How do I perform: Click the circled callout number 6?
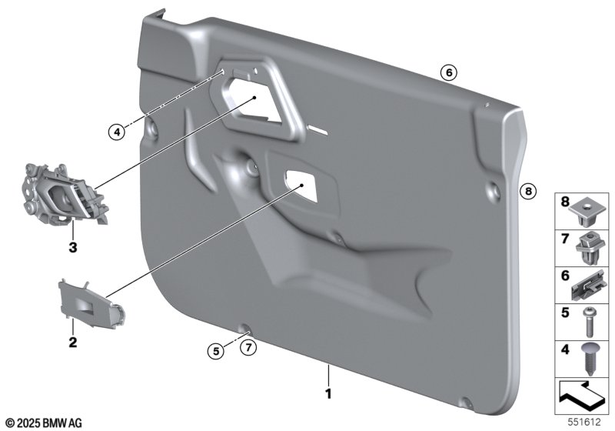[449, 72]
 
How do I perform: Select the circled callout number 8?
[528, 191]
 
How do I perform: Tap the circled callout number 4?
[117, 132]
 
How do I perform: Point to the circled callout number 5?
[216, 350]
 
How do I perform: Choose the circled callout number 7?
[248, 347]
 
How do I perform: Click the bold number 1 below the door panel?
[329, 393]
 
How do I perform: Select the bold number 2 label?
[72, 342]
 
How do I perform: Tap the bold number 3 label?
[72, 248]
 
